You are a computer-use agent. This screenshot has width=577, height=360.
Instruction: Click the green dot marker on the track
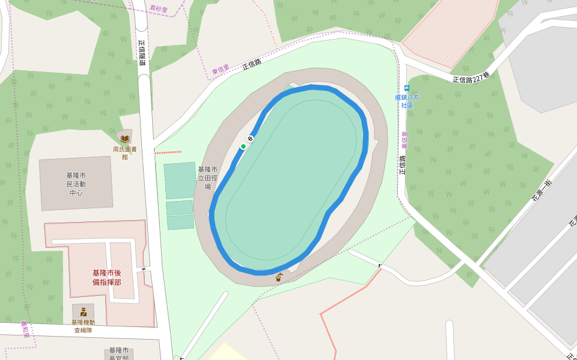click(x=243, y=146)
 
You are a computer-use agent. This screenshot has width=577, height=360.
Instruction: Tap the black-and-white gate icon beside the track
click(x=250, y=139)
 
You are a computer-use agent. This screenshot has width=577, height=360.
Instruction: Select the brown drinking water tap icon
click(x=279, y=277)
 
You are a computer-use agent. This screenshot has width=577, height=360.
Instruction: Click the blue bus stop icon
click(x=407, y=88)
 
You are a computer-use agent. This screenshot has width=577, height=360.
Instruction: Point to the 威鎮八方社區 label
click(x=407, y=101)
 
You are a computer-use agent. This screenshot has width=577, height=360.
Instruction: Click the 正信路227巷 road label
click(x=471, y=79)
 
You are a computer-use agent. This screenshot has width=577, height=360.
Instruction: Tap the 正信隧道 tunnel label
click(x=142, y=53)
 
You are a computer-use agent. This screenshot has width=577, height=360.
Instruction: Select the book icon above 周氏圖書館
click(x=125, y=139)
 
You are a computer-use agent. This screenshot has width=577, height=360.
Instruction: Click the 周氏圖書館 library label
click(x=124, y=152)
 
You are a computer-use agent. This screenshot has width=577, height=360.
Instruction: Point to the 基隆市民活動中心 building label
click(x=76, y=184)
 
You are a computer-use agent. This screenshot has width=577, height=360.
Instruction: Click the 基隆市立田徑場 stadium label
click(x=209, y=178)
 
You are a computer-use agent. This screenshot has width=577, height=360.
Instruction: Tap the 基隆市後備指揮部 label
click(x=106, y=277)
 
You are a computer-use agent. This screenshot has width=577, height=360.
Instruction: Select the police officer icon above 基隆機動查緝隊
click(x=84, y=311)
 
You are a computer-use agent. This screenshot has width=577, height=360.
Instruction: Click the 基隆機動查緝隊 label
click(x=83, y=326)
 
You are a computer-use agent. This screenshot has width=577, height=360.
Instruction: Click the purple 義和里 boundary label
click(x=25, y=329)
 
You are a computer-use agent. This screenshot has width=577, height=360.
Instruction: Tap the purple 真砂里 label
click(x=159, y=10)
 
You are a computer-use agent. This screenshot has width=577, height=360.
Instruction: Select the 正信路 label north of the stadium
click(x=252, y=63)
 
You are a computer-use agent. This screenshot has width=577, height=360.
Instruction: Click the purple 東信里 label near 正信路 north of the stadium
click(x=221, y=70)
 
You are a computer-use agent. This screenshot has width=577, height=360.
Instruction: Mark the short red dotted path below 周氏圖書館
click(x=168, y=152)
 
